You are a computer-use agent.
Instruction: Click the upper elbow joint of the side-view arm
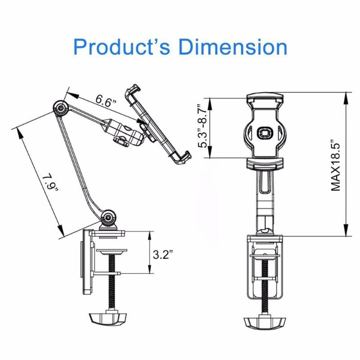(59, 107)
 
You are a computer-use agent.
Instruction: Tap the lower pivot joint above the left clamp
(108, 219)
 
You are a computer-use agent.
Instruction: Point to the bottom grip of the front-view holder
(264, 163)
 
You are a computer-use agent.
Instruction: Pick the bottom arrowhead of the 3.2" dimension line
(148, 270)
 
